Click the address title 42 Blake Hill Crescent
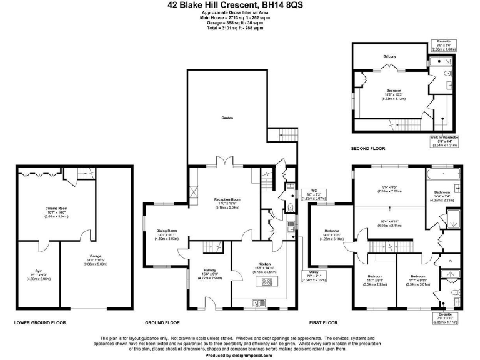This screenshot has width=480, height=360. tap(239, 5)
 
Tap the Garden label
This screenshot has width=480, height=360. tap(226, 117)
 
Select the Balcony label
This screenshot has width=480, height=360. tap(390, 56)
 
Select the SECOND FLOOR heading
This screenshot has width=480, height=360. tap(369, 148)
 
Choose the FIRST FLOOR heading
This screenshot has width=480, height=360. tap(323, 323)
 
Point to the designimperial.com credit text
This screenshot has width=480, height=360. tap(239, 355)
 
